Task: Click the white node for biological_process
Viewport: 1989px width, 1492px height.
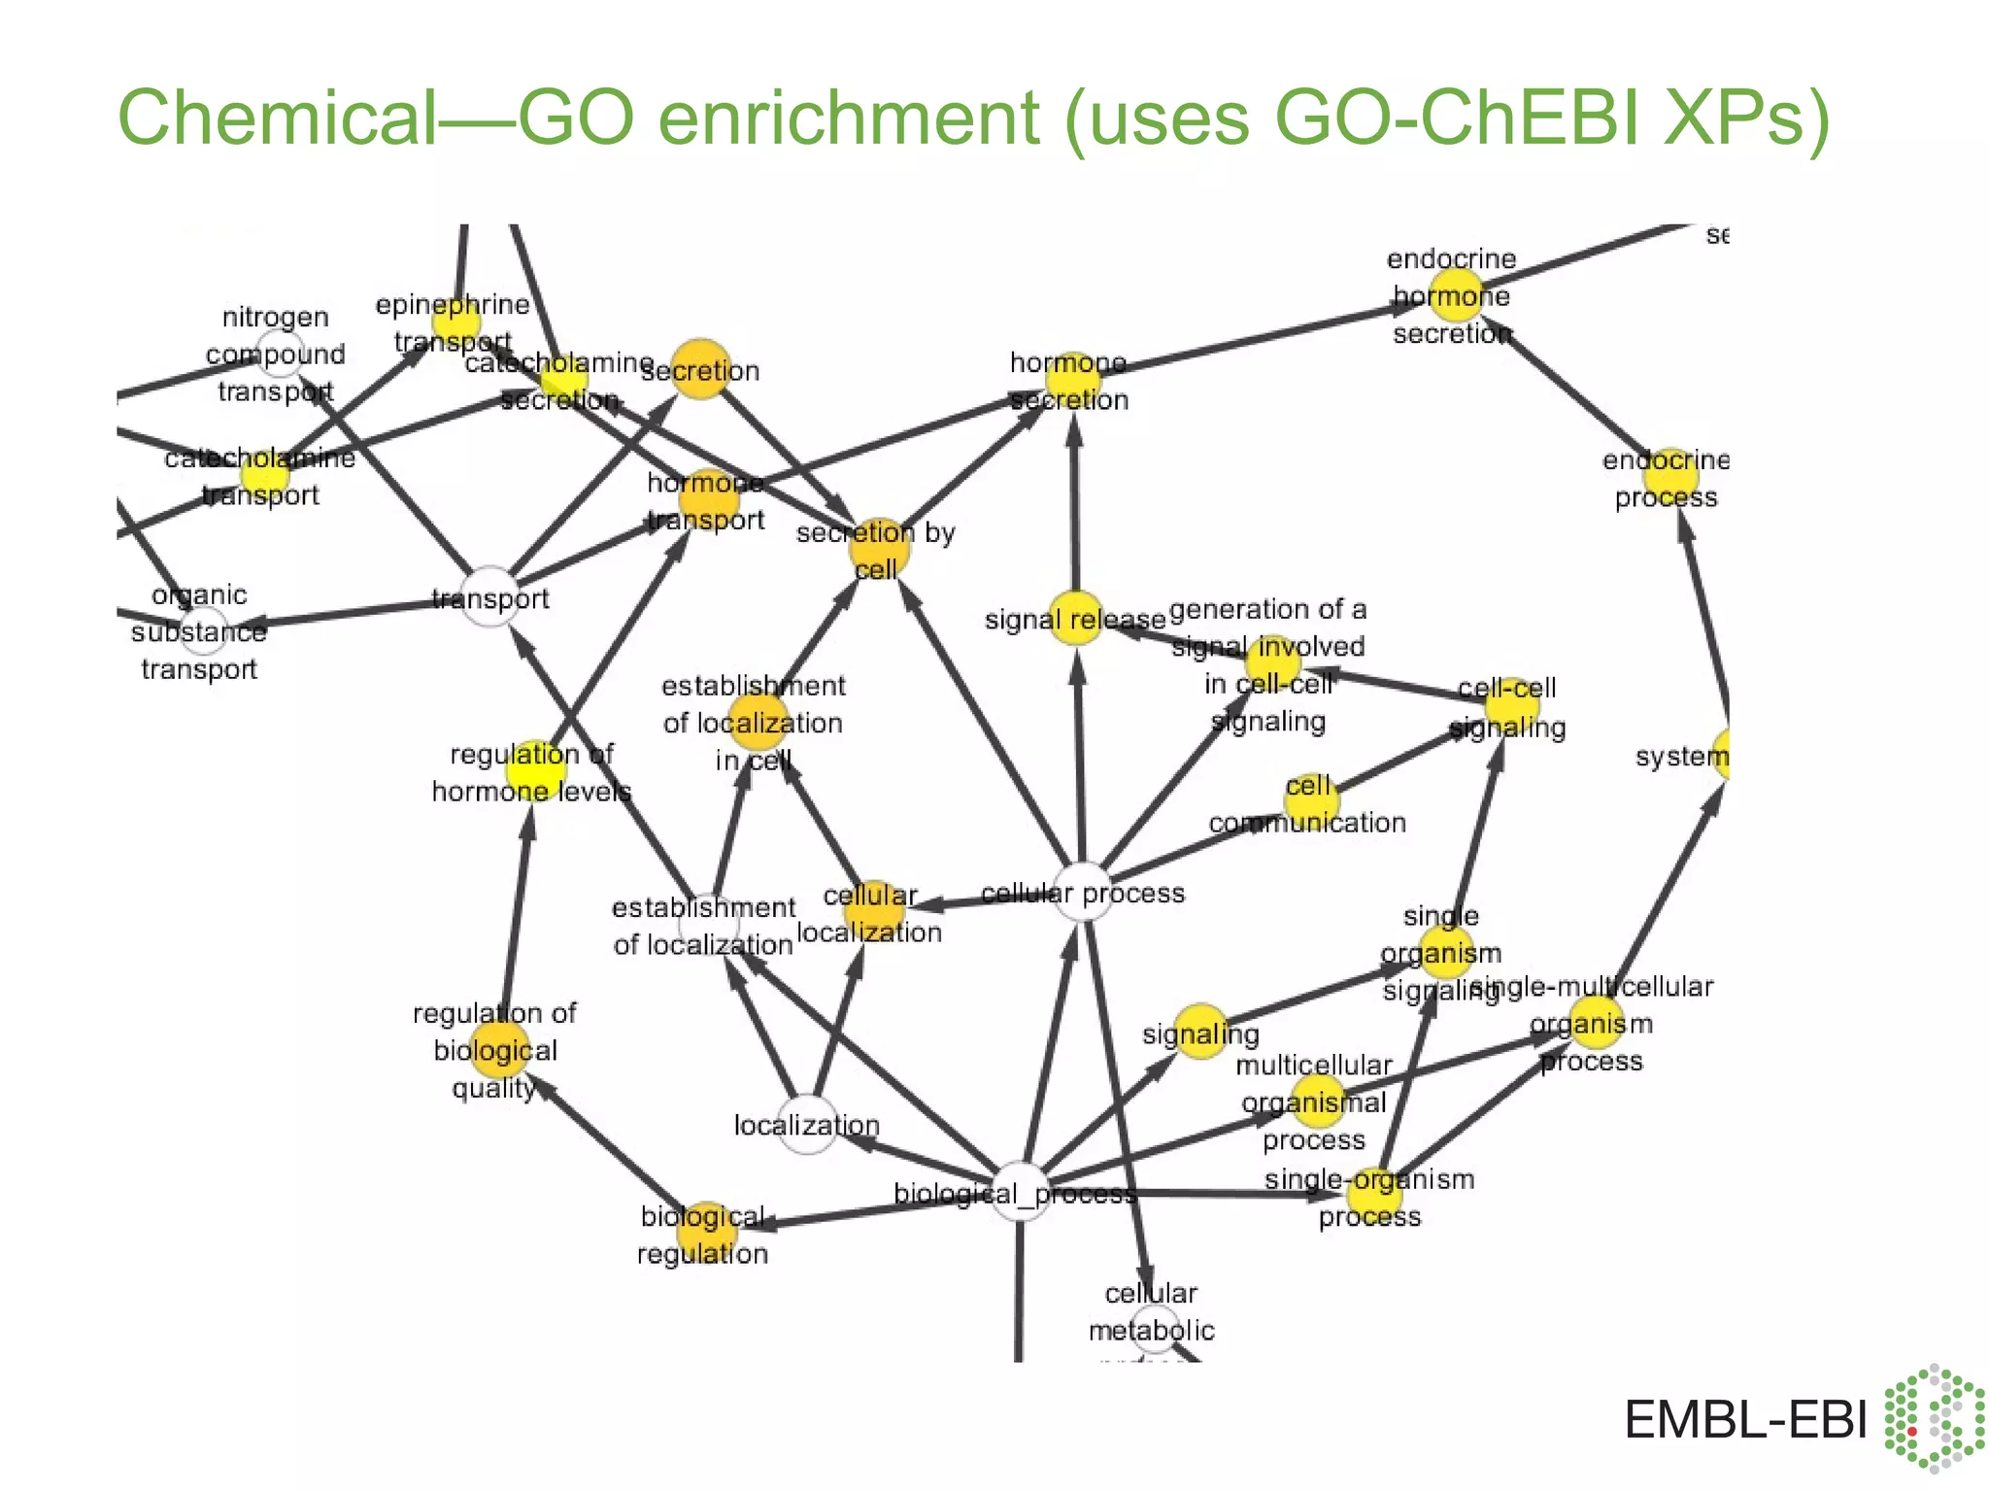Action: click(1021, 1191)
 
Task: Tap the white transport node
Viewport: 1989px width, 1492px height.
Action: click(490, 596)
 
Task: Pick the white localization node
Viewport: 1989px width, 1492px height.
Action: click(807, 1124)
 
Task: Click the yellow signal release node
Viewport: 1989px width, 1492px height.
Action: click(1075, 618)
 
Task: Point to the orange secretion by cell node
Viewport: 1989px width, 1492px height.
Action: click(879, 549)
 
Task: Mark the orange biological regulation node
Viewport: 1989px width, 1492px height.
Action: click(706, 1232)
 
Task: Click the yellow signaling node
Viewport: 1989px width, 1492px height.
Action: click(1201, 1032)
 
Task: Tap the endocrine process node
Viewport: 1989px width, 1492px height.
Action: click(1669, 476)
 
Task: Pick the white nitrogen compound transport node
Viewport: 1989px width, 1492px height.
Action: click(279, 355)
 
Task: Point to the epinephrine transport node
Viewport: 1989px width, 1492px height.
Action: click(455, 321)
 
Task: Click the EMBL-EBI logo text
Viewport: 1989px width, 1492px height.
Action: click(1745, 1420)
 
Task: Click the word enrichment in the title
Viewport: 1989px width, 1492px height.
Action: click(850, 119)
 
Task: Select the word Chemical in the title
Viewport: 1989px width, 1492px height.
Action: click(277, 119)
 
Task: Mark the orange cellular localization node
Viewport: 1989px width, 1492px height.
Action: click(872, 911)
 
